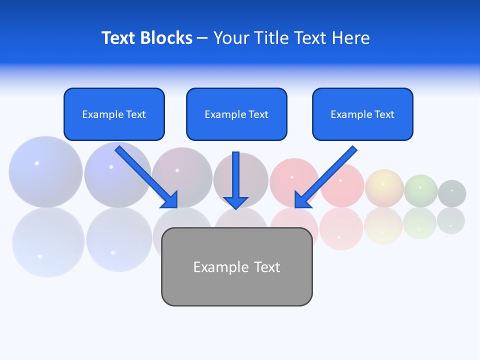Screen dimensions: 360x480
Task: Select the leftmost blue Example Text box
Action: pos(114,114)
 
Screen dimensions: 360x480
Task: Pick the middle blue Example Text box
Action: pos(236,114)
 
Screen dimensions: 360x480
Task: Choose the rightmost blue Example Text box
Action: pos(362,114)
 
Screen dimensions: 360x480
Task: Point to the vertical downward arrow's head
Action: pos(235,202)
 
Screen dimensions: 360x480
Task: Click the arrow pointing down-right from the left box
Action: pos(146,177)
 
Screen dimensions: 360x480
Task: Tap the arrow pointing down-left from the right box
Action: pos(325,177)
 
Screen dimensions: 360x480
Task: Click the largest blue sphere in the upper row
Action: pos(45,172)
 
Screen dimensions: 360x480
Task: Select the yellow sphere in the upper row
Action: pos(384,188)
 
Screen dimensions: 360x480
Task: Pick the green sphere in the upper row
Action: pos(420,190)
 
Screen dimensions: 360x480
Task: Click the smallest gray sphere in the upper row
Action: pos(452,193)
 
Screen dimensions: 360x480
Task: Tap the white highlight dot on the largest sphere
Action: pos(36,163)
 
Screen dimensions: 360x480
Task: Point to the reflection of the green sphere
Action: pos(419,223)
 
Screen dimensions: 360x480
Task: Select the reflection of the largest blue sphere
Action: pos(48,243)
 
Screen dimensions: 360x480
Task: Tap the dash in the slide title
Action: pos(202,38)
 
